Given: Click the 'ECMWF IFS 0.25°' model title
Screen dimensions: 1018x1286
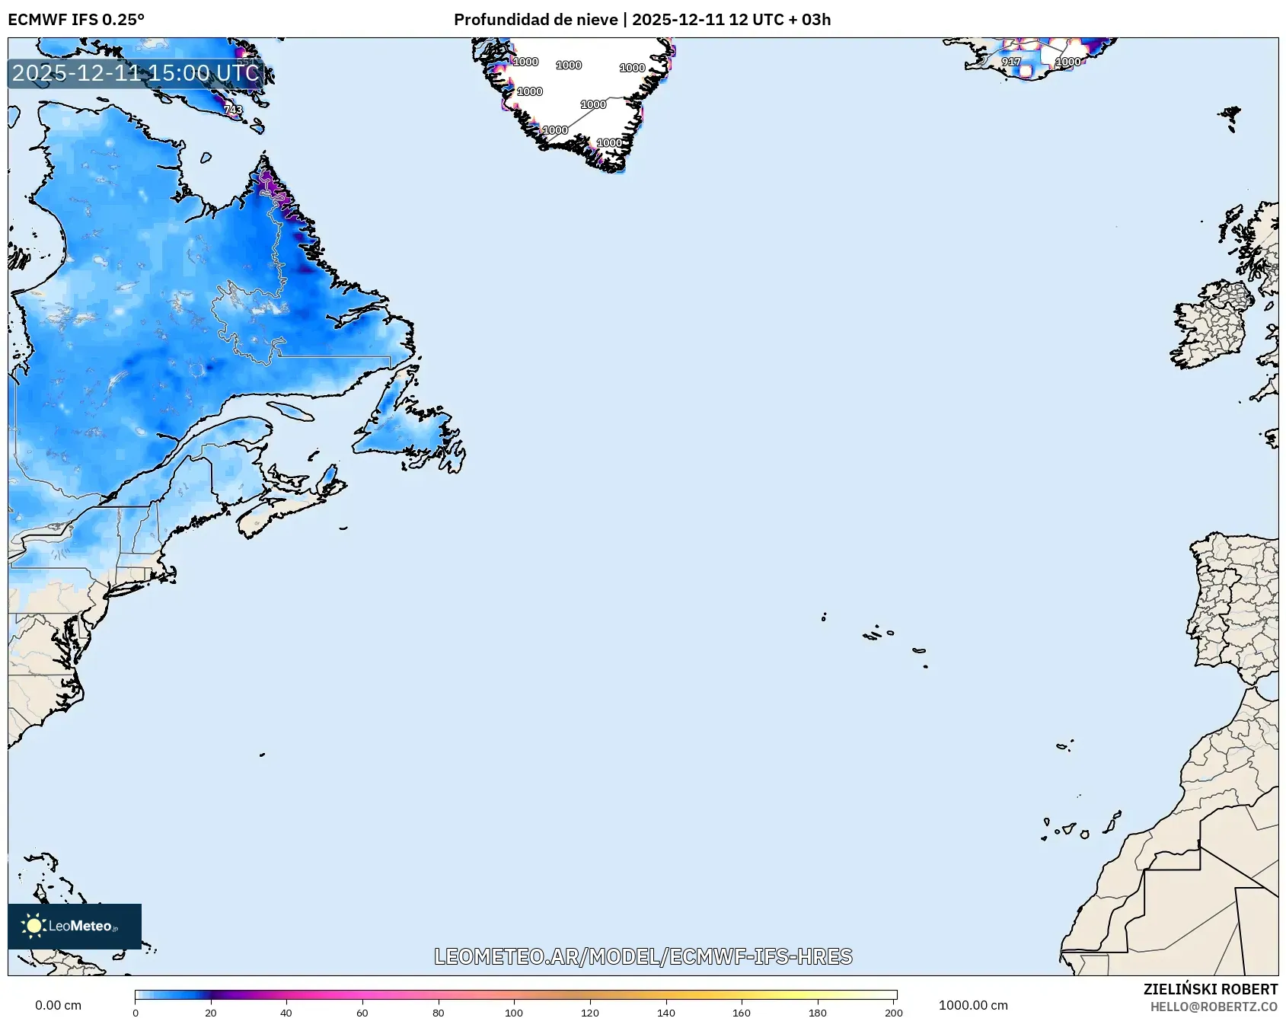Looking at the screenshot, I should click(76, 19).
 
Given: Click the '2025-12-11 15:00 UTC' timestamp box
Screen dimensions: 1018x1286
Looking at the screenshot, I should click(136, 73).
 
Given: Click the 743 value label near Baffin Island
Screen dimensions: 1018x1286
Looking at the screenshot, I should click(233, 110).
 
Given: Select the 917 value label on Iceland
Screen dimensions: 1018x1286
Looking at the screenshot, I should click(1010, 62).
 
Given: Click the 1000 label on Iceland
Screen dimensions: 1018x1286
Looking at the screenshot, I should click(1067, 62).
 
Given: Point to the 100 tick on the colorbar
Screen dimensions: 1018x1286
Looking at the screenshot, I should click(514, 1012).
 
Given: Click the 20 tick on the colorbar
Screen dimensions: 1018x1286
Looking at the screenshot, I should click(211, 1012).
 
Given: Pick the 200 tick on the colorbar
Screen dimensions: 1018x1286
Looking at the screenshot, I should click(894, 1012).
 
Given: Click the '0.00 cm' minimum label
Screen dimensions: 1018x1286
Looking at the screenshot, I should click(58, 1005).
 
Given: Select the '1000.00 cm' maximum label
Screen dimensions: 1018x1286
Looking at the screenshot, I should click(973, 1005).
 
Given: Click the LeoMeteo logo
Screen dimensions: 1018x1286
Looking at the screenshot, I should click(75, 926).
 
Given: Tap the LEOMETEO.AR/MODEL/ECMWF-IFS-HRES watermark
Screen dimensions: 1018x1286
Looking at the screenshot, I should click(643, 956).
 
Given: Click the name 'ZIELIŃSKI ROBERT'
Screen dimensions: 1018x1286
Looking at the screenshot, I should click(1210, 989).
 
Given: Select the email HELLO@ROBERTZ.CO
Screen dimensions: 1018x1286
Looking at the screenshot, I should click(1214, 1007).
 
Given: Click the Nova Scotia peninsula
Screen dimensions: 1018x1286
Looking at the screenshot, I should click(278, 514).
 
